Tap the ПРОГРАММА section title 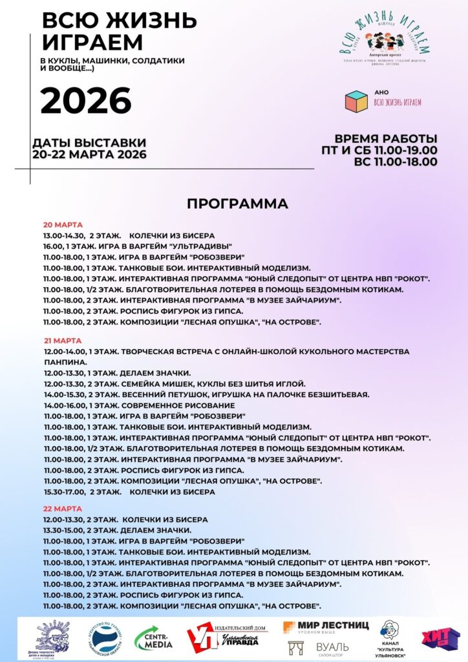(237, 204)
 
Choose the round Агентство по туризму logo (105, 639)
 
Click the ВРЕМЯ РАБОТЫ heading (385, 138)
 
